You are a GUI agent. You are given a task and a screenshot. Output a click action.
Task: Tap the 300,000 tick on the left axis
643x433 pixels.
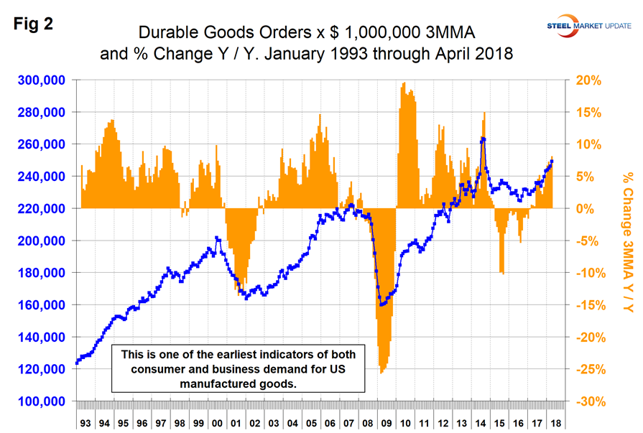[41, 80]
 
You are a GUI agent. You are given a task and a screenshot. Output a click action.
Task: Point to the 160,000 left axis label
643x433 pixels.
[41, 305]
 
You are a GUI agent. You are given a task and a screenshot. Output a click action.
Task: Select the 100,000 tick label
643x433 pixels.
[41, 401]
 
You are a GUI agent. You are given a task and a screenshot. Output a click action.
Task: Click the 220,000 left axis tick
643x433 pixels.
[41, 209]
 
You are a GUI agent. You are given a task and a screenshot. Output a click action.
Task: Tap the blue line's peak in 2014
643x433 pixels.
[483, 139]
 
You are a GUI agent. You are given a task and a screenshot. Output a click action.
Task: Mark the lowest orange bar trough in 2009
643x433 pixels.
[382, 372]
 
